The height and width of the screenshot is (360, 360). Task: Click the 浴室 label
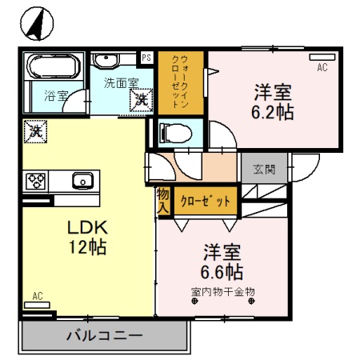coord(55,95)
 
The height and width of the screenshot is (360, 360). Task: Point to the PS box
coord(146,58)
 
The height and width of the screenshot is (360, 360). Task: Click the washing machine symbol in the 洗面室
coord(141,100)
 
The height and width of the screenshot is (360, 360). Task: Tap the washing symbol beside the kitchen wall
coord(34,130)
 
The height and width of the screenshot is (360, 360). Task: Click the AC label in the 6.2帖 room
coord(322,68)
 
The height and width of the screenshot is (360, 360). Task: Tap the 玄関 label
coord(265,170)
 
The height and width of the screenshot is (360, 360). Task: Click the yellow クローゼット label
coord(206,200)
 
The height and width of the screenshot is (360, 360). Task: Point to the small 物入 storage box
coord(162,200)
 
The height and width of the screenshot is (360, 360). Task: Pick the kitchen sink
coord(82,181)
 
